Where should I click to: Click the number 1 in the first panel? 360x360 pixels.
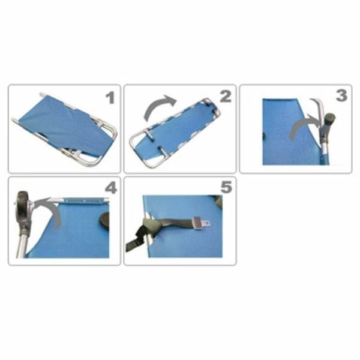[x=110, y=98]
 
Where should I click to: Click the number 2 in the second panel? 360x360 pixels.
[x=226, y=97]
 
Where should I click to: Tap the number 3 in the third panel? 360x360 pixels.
[x=341, y=96]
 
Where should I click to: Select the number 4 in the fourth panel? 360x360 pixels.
[x=111, y=188]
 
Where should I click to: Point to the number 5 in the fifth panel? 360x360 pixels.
[x=226, y=187]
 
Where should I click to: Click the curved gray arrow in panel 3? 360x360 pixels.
[x=304, y=125]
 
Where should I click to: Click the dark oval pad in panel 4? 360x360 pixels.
[x=104, y=221]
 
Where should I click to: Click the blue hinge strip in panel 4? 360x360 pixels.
[x=86, y=200]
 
